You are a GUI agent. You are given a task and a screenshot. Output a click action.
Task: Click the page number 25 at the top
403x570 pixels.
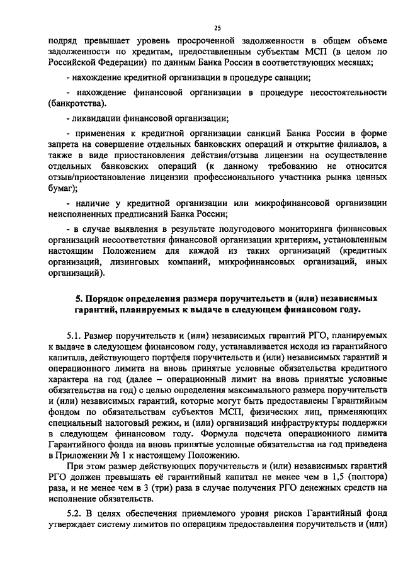[x=217, y=28]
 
